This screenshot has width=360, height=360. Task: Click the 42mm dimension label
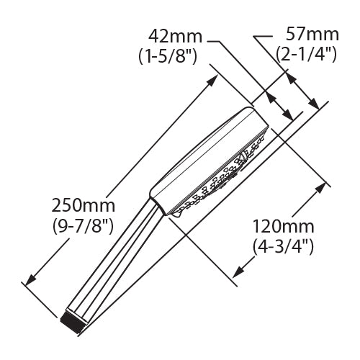coord(176,37)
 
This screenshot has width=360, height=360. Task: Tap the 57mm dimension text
coord(312,35)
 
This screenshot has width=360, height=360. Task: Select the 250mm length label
coord(84,206)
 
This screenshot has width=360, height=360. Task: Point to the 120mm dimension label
coord(284,227)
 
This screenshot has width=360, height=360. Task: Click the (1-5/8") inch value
coord(168,57)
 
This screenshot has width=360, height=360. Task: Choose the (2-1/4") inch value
coord(306,54)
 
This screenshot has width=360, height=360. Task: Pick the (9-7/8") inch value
coord(83,226)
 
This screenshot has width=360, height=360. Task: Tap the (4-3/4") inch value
coord(283,247)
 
